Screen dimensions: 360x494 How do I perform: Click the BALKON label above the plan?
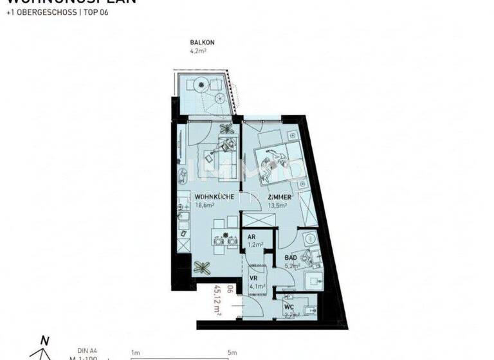click(202, 42)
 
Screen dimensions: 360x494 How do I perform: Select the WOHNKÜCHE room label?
click(214, 197)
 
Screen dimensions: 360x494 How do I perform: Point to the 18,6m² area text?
click(205, 206)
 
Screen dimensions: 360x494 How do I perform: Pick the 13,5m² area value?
click(278, 206)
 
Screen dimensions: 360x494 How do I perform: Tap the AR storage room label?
click(252, 237)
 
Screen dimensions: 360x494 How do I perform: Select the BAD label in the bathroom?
click(291, 257)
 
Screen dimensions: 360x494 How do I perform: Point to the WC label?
click(288, 307)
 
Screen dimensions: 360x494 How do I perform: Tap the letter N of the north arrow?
click(44, 341)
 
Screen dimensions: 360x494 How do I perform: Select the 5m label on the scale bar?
click(232, 352)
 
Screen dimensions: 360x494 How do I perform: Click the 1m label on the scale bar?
click(135, 352)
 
